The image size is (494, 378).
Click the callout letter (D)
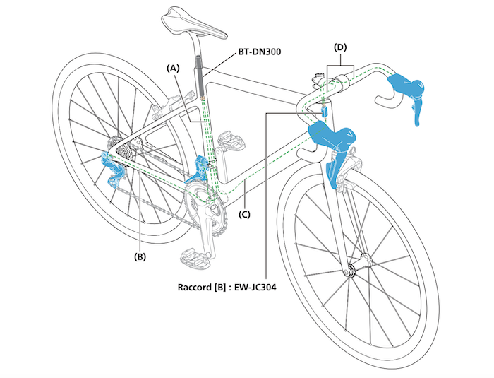[341, 47]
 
